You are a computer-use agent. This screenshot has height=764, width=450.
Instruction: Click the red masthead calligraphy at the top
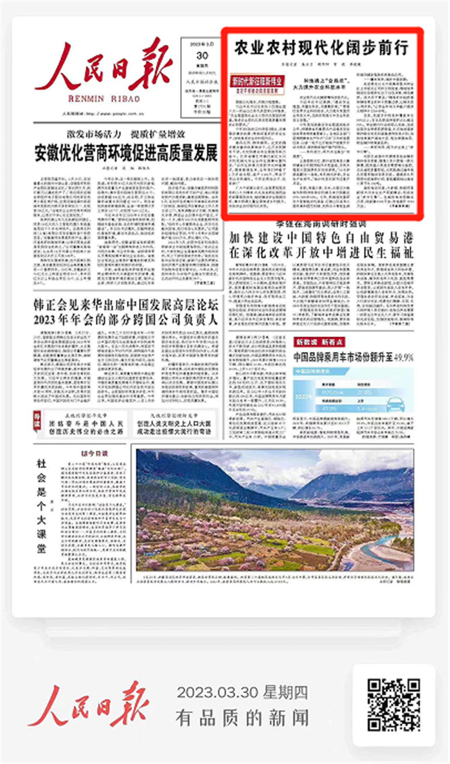click(x=103, y=66)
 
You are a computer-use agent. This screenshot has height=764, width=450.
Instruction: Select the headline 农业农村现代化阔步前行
click(x=320, y=48)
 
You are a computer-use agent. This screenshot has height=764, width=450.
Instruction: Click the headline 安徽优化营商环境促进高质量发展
click(x=126, y=154)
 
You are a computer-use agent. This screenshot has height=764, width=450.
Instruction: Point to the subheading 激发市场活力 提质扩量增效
click(x=126, y=135)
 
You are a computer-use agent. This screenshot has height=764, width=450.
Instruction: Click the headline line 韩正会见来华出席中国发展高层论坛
click(x=126, y=304)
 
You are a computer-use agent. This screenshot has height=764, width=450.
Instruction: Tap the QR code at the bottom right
click(x=393, y=705)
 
